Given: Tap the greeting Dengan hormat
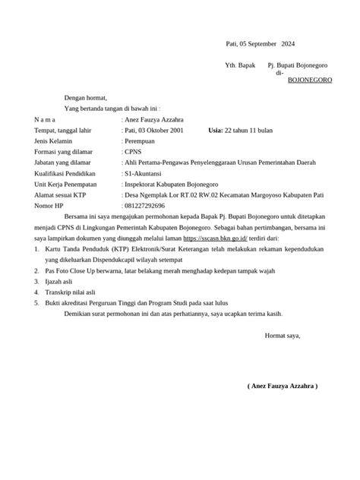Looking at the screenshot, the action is (x=86, y=98).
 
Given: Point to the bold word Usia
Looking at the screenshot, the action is (x=217, y=130).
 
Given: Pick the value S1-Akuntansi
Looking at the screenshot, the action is (x=148, y=173).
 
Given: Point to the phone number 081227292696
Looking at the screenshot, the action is (x=144, y=205).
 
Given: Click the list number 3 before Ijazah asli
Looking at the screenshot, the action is (x=36, y=280).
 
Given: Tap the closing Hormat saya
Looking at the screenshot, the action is (x=282, y=335).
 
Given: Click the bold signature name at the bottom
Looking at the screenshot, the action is (x=283, y=387).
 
